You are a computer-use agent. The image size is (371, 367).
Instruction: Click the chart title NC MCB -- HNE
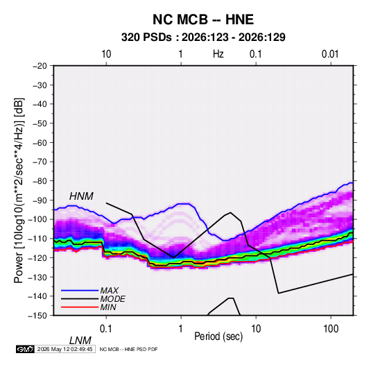click(203, 19)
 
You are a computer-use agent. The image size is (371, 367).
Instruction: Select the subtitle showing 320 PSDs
click(203, 37)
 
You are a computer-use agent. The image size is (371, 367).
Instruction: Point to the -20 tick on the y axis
click(40, 66)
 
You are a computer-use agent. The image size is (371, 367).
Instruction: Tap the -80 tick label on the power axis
click(40, 181)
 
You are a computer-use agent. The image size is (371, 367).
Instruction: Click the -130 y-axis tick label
click(38, 277)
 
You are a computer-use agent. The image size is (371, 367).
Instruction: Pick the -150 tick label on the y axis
click(38, 316)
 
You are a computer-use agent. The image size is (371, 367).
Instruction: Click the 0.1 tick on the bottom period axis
click(106, 329)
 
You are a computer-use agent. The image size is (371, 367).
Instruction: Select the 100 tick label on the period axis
click(331, 329)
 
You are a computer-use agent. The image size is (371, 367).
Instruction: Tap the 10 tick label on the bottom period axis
click(256, 329)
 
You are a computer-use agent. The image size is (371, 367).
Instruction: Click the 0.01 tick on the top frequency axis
click(330, 54)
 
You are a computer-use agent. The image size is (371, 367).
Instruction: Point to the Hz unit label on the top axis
click(218, 54)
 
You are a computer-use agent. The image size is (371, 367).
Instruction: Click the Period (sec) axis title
click(218, 336)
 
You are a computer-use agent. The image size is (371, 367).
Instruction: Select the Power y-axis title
click(19, 191)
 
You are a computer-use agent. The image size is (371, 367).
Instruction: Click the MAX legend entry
click(109, 291)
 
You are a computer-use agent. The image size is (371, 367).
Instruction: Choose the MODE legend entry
click(112, 299)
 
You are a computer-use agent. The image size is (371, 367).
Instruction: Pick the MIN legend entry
click(108, 307)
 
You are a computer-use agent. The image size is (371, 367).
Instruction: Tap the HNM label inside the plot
click(81, 196)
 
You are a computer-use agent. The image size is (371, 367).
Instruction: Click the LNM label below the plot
click(80, 341)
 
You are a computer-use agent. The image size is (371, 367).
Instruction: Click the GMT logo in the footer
click(26, 349)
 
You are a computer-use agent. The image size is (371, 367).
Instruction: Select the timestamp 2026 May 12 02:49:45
click(64, 349)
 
